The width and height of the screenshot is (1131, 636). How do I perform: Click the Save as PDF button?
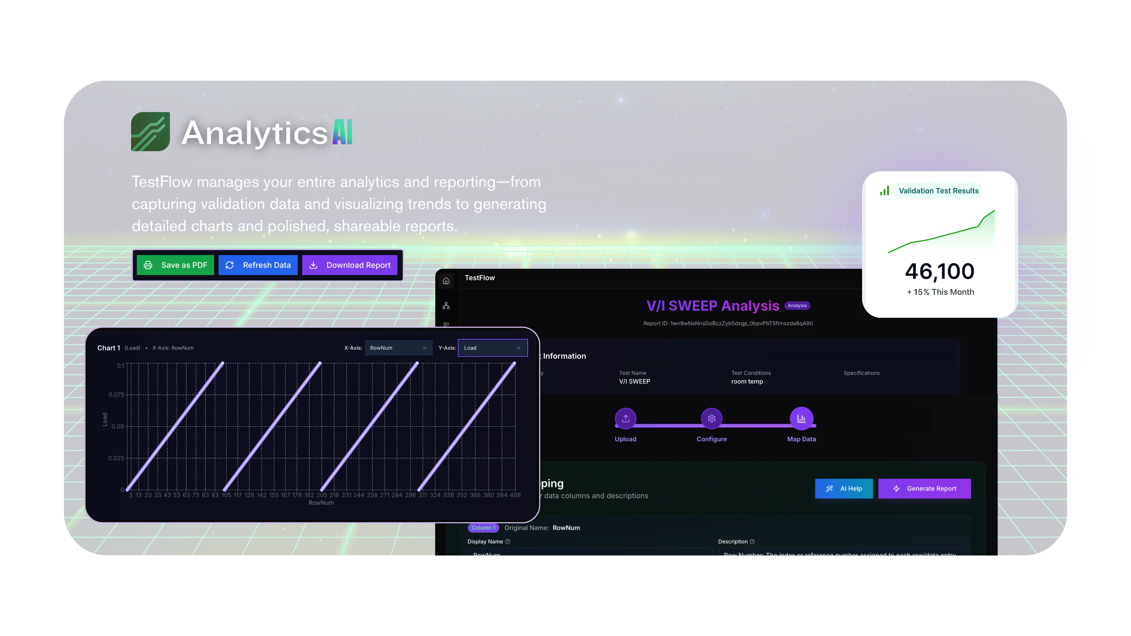coord(175,265)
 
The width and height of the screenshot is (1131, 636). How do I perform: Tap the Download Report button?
coord(350,265)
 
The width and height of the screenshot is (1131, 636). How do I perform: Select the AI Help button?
coord(844,488)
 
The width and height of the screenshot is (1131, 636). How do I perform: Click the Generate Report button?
coord(924,488)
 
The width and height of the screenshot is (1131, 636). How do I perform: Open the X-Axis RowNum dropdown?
coord(398,348)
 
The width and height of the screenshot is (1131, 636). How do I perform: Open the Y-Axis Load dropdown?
coord(492,348)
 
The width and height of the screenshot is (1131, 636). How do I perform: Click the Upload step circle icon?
coord(626,418)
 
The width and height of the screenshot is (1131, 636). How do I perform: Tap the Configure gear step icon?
coord(712,418)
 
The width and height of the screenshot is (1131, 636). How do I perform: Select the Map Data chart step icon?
coord(801,418)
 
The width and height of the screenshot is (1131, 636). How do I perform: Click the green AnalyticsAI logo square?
coord(151,132)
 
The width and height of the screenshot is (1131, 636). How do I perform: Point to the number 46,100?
coord(940,271)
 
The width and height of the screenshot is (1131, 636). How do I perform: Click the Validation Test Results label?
coord(938,191)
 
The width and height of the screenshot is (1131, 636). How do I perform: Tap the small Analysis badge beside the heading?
coord(797,306)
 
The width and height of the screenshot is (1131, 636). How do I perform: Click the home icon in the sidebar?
coord(446,281)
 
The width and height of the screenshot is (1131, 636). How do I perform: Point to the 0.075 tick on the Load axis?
coord(116,395)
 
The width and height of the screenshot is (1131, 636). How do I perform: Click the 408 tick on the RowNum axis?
coord(515,495)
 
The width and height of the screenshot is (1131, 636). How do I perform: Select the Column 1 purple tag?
coord(483,528)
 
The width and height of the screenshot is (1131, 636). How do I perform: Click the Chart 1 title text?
coord(108,348)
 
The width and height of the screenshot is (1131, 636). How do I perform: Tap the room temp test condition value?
coord(747,381)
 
